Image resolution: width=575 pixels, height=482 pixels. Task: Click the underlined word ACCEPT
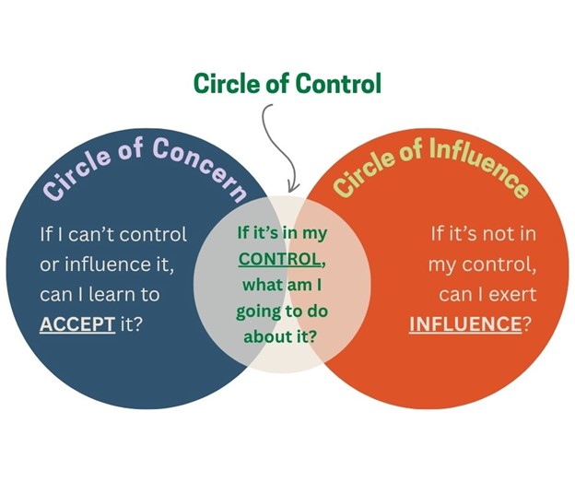pyautogui.click(x=77, y=323)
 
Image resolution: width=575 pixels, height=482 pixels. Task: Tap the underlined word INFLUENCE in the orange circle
pyautogui.click(x=465, y=323)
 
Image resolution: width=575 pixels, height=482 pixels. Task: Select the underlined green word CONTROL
pyautogui.click(x=279, y=259)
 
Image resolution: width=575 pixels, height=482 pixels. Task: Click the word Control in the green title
pyautogui.click(x=338, y=83)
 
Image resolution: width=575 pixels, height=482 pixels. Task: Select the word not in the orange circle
pyautogui.click(x=496, y=234)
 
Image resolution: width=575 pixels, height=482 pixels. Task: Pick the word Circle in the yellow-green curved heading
pyautogui.click(x=363, y=172)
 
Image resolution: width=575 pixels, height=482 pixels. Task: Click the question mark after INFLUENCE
pyautogui.click(x=526, y=323)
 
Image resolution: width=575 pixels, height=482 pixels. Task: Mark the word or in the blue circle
pyautogui.click(x=49, y=265)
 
